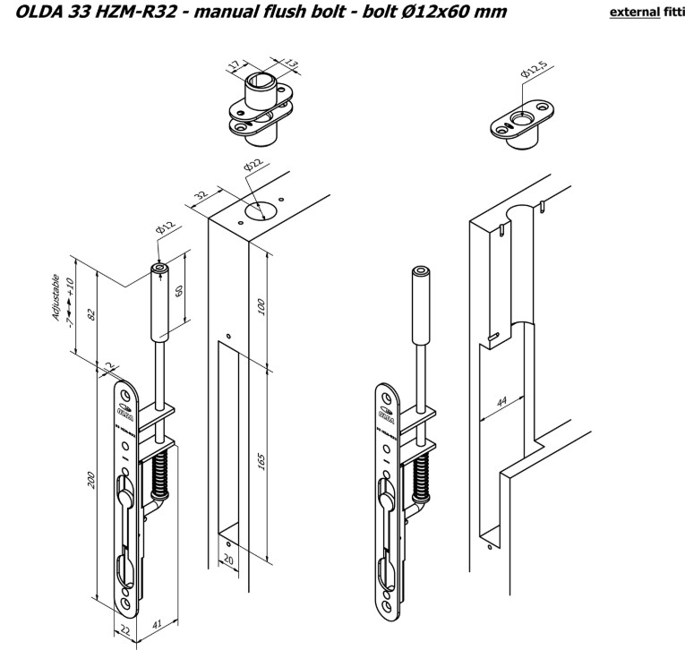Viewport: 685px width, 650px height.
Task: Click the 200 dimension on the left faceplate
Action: [x=90, y=482]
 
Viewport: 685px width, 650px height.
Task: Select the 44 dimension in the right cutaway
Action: [x=498, y=401]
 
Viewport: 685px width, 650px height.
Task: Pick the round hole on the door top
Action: [x=261, y=210]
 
